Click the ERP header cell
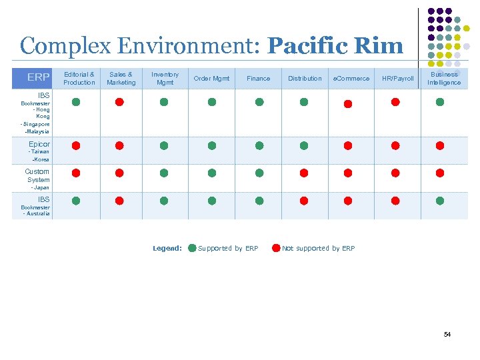coord(37,78)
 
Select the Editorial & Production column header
coord(79,78)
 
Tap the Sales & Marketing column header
coord(121,78)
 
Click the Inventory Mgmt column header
coord(165,78)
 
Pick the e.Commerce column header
coord(351,78)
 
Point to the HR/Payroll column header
coord(397,78)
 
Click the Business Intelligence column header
coord(444,78)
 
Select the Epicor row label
coord(39,144)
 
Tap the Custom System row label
coord(37,175)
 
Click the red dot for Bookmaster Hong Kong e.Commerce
coord(347,104)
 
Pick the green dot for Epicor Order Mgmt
coord(212,145)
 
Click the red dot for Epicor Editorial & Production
coord(76,145)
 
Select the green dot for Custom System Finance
coord(259,173)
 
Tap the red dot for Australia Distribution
coord(304,200)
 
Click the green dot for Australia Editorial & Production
coord(76,200)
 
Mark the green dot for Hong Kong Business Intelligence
coord(440,102)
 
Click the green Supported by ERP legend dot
coord(192,248)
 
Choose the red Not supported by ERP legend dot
coord(276,248)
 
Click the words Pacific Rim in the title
coord(335,46)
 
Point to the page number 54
coord(447,334)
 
